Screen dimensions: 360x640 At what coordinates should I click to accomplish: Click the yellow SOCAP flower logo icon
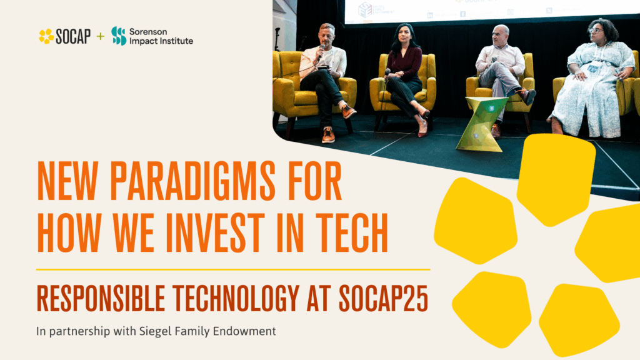(46, 36)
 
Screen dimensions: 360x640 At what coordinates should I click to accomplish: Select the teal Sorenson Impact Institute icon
(119, 36)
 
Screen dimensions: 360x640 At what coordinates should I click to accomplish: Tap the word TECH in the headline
(348, 233)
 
